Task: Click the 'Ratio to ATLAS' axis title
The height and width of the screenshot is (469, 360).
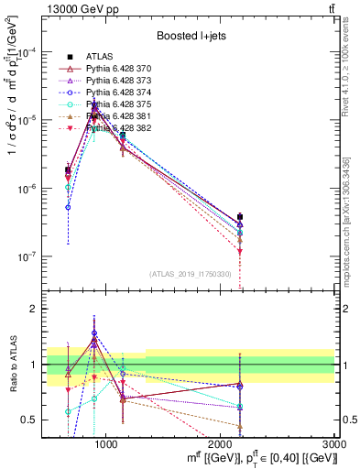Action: tap(13, 364)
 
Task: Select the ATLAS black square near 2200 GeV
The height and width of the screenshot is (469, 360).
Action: tap(240, 217)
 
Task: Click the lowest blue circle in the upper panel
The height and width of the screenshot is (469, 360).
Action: tap(68, 207)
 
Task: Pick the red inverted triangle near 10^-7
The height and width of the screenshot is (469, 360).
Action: tap(240, 251)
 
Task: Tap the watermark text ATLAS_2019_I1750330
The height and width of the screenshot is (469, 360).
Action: tap(191, 274)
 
